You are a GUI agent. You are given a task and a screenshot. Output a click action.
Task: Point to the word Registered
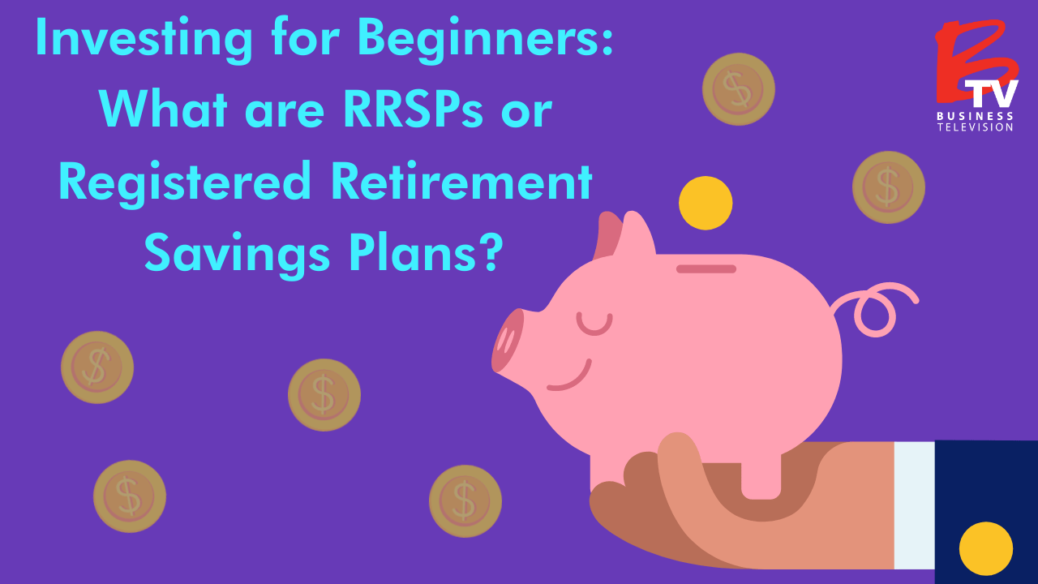point(185,182)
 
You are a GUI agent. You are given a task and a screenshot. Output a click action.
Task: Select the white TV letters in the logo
point(993,94)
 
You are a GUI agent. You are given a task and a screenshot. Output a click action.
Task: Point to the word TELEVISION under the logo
point(976,127)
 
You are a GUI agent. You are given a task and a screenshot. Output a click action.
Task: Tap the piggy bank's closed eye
point(594,324)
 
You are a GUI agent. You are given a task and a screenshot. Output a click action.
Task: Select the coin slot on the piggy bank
point(706,268)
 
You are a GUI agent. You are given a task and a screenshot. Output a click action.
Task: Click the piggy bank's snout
point(508,341)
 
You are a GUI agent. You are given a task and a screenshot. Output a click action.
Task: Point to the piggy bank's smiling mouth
point(571,378)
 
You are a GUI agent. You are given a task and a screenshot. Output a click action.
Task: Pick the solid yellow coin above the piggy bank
point(706,203)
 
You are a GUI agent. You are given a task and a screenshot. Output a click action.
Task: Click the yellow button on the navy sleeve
point(985,548)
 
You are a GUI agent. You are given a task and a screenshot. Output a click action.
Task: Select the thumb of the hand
point(689,479)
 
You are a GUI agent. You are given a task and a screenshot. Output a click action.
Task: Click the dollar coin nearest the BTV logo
point(889,187)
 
